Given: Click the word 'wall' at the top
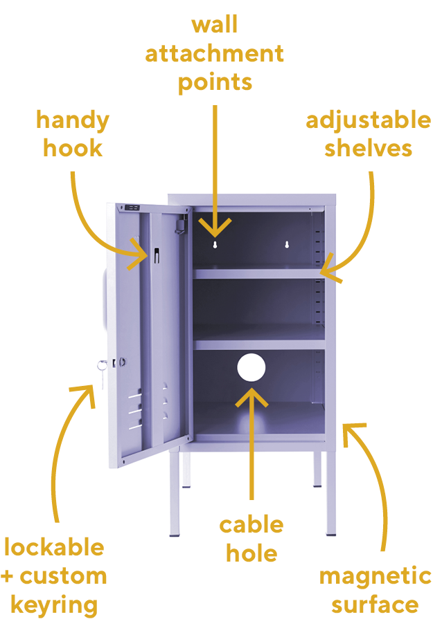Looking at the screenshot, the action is tap(215, 25).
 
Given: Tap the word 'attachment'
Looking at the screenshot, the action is tap(215, 54).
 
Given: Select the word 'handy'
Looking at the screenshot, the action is tap(73, 121).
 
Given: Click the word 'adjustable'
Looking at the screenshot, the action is tap(369, 120).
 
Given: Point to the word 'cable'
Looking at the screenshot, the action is tap(251, 525).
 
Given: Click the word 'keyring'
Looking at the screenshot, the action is tap(54, 606).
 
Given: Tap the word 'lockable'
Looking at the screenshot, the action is tap(54, 547).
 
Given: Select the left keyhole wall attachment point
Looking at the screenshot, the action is tap(215, 244).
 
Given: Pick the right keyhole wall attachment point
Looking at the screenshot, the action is tap(287, 244).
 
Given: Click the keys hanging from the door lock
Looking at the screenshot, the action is tap(103, 371).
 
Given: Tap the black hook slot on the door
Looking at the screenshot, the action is tap(157, 256).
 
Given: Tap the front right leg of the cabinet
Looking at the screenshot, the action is tap(330, 493).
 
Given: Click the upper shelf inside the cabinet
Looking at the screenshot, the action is tap(259, 274).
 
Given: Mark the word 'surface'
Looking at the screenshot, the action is tap(375, 604).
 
